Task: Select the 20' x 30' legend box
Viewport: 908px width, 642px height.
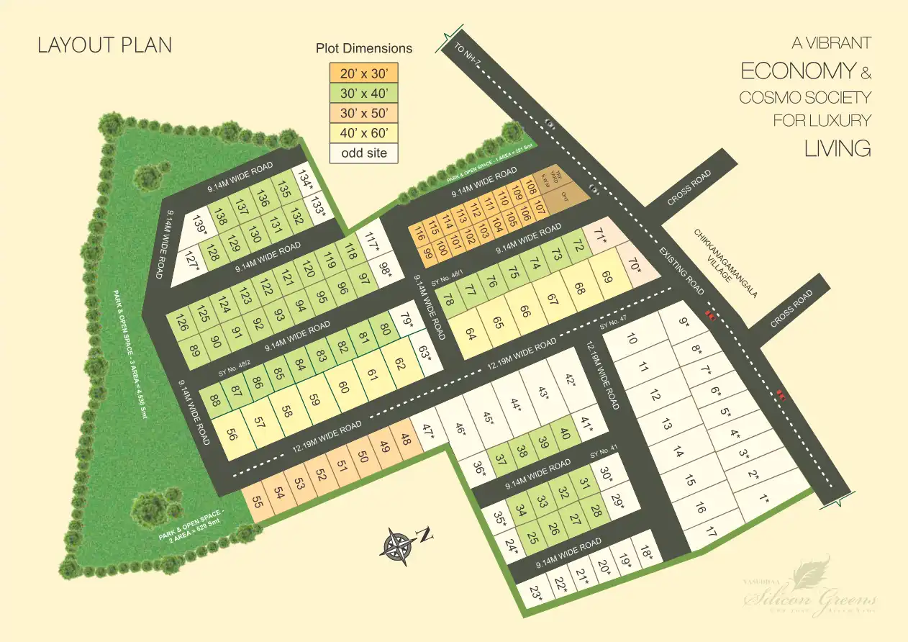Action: click(363, 73)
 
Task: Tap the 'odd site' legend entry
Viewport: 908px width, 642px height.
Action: click(363, 153)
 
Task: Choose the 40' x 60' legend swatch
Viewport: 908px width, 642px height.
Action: click(363, 132)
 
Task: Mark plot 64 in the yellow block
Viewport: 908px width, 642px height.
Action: click(471, 335)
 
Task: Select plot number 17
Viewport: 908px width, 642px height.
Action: click(712, 533)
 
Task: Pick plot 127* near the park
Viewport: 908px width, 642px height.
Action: click(191, 260)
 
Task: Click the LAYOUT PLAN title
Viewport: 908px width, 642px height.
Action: click(105, 45)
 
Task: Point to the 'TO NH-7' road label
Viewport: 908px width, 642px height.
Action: click(468, 58)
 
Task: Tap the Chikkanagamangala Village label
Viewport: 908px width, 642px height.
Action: click(717, 256)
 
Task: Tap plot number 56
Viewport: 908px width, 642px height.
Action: click(232, 434)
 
